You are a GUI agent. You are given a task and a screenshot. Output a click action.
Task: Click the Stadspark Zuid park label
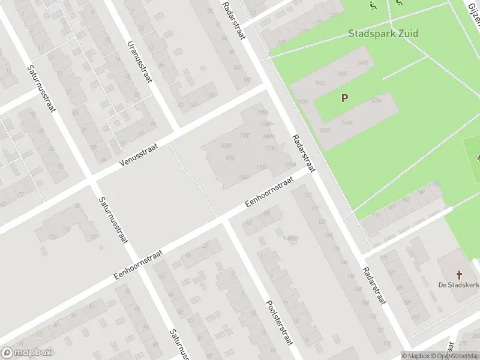pos(383,34)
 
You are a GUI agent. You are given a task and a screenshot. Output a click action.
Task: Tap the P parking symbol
pos(344,98)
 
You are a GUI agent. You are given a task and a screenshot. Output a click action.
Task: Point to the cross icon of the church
pos(460,275)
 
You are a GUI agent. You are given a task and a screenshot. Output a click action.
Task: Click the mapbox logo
pos(26,353)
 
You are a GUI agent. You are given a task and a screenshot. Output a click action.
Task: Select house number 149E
pos(343,74)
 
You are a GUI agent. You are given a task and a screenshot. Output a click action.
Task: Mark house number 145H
pos(325,130)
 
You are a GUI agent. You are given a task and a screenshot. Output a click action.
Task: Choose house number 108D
pos(226,145)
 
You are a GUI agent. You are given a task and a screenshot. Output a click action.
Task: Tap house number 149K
pos(347,122)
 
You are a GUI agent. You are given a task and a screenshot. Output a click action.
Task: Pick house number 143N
pos(376,100)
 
